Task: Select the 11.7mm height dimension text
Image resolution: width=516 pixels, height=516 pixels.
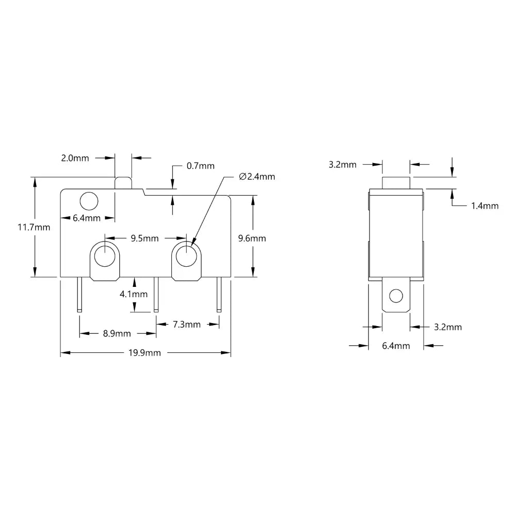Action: tap(34, 227)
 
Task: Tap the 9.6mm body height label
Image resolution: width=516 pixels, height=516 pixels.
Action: tap(252, 238)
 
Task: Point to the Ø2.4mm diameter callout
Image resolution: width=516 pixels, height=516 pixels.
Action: tap(257, 176)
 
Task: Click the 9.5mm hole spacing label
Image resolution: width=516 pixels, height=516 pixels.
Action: tap(144, 238)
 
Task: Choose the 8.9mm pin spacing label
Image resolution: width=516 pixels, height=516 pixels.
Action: tap(117, 333)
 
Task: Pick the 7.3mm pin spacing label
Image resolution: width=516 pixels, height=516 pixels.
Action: tap(186, 324)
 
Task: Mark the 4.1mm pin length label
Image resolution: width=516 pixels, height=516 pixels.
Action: tap(134, 295)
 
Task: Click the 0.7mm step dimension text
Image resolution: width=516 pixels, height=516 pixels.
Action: tap(200, 166)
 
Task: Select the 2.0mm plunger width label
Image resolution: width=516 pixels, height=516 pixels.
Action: tap(75, 158)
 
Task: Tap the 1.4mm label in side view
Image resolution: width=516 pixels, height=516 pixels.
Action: tap(485, 205)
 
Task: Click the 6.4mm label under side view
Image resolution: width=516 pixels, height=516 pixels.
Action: tap(396, 346)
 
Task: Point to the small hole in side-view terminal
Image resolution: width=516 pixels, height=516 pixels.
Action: tap(396, 296)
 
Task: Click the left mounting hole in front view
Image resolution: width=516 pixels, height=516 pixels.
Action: tap(105, 255)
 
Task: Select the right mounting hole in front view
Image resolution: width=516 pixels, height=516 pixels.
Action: tap(186, 255)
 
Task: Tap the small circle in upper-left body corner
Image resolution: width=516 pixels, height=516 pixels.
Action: tap(89, 200)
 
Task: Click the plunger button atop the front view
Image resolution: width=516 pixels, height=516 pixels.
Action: tap(123, 183)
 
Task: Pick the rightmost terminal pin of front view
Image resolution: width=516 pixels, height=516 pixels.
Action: tap(219, 295)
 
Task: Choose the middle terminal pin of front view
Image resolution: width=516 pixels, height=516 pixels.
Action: tap(156, 295)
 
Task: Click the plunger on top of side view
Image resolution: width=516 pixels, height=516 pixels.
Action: tap(396, 182)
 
